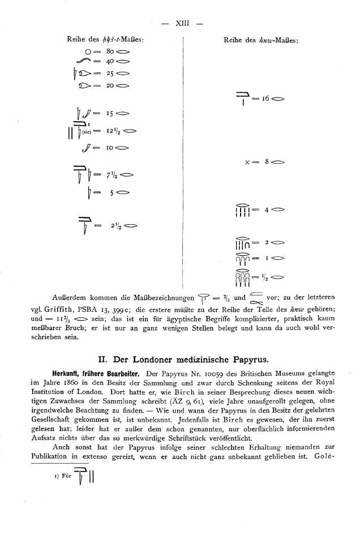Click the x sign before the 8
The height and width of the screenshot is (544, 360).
[248, 161]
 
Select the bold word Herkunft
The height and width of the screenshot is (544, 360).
[69, 374]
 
